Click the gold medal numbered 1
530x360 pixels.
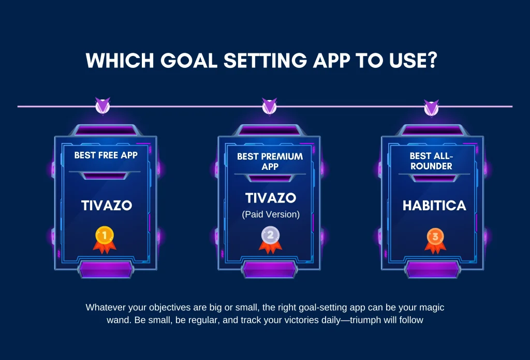pos(105,239)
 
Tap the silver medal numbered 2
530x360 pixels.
pos(270,239)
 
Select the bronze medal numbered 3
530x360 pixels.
pos(435,240)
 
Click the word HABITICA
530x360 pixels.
pos(434,206)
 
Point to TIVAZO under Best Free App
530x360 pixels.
pos(107,205)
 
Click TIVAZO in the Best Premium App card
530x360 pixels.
pos(271,198)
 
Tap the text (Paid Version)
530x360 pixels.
pos(271,214)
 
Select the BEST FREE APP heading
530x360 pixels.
pos(106,155)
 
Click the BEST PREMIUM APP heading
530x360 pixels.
pos(270,162)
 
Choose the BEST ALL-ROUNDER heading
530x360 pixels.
pos(431,161)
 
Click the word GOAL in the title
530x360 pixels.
pos(188,61)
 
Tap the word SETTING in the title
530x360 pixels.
pos(266,61)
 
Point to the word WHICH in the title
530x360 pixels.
pos(120,61)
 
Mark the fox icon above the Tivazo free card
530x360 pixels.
pos(102,106)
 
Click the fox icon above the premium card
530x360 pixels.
pos(269,106)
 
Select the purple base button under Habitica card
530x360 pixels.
pos(433,270)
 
